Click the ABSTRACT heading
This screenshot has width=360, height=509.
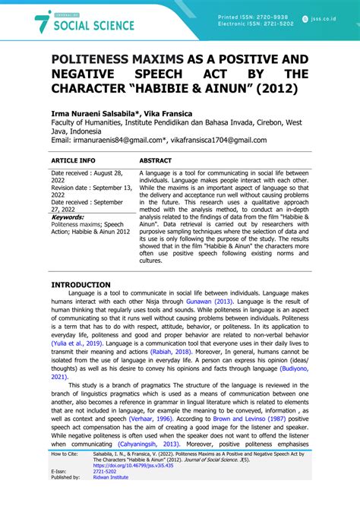coord(156,161)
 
